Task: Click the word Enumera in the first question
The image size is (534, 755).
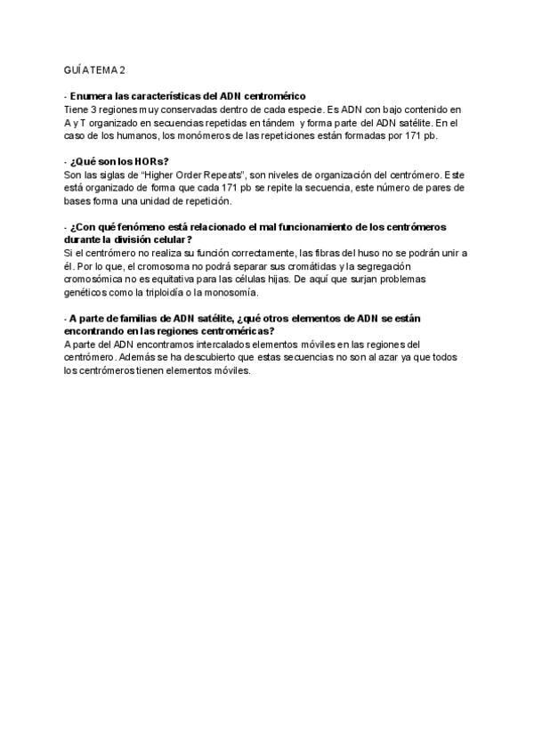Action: (91, 95)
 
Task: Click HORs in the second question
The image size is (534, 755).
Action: (146, 161)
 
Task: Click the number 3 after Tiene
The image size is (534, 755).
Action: (93, 109)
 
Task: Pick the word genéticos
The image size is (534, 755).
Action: (85, 293)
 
